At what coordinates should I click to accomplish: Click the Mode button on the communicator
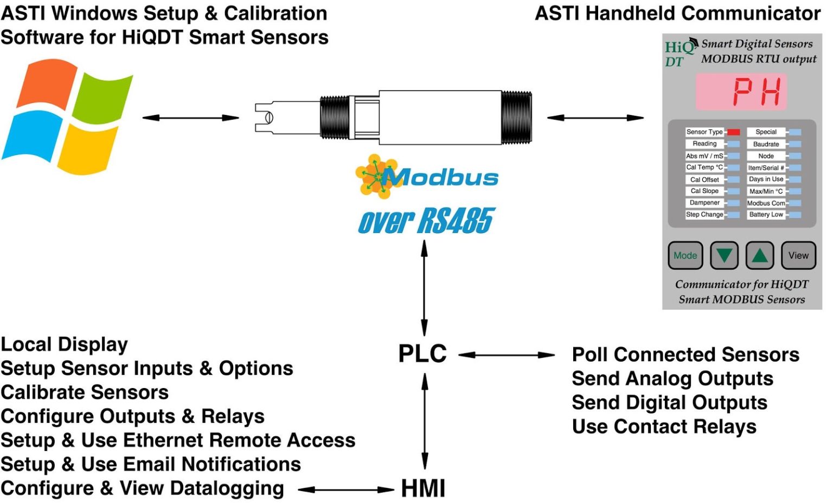pyautogui.click(x=685, y=255)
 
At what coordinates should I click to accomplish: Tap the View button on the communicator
pyautogui.click(x=798, y=255)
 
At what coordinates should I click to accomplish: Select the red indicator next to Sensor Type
pyautogui.click(x=733, y=132)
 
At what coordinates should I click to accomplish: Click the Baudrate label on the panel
pyautogui.click(x=766, y=144)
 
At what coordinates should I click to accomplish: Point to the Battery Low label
pyautogui.click(x=766, y=215)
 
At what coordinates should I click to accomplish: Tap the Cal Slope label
pyautogui.click(x=704, y=191)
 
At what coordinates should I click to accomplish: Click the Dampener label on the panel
pyautogui.click(x=704, y=203)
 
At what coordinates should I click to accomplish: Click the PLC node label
pyautogui.click(x=422, y=354)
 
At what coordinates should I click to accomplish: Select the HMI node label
pyautogui.click(x=423, y=488)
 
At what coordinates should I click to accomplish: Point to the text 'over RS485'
pyautogui.click(x=426, y=221)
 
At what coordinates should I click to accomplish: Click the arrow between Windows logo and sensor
pyautogui.click(x=190, y=118)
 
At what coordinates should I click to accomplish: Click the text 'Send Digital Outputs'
pyautogui.click(x=669, y=403)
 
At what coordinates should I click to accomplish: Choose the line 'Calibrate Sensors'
pyautogui.click(x=85, y=392)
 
